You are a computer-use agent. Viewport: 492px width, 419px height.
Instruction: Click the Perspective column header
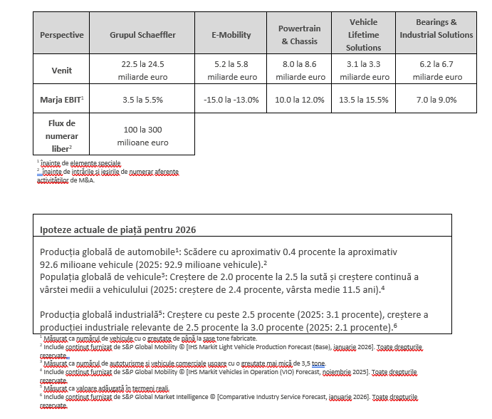[61, 35]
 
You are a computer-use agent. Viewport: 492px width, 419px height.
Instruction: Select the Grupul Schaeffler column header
[142, 35]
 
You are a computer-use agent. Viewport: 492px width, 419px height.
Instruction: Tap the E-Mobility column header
[231, 35]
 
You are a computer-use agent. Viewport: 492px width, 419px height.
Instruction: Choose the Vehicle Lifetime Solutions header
[363, 35]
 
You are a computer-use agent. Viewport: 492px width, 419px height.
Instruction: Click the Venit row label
[61, 71]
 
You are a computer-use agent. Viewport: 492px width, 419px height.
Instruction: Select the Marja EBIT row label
[61, 100]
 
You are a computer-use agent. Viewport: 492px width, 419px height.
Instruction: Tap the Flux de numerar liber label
[61, 135]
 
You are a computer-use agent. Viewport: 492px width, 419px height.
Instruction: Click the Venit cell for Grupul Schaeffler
[142, 71]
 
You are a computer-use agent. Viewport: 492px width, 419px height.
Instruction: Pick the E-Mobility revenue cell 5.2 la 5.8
[231, 71]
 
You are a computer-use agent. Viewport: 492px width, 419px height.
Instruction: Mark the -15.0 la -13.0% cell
[231, 100]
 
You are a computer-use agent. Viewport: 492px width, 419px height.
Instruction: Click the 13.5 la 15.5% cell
[363, 100]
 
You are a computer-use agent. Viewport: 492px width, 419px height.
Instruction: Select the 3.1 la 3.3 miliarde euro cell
[363, 71]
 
